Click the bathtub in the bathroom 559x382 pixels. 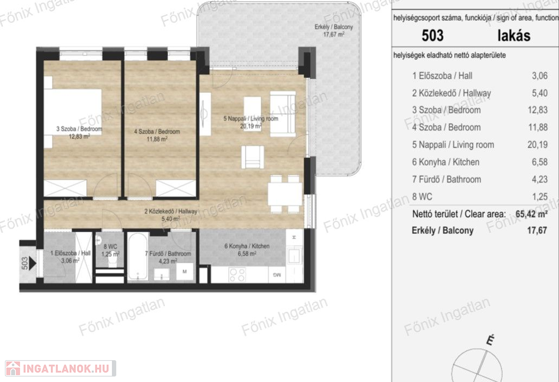138,256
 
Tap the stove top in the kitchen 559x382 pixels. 237,274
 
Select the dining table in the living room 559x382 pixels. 285,193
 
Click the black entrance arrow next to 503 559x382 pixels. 32,263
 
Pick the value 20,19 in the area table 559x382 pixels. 537,145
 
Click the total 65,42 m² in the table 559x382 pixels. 532,214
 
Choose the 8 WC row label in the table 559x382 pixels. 422,197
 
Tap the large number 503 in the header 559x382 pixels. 432,36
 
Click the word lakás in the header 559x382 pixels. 514,36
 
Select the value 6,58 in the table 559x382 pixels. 540,162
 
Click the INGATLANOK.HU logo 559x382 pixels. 60,368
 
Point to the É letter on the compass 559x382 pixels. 491,340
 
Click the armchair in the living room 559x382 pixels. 253,157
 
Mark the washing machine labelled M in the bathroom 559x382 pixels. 185,272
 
